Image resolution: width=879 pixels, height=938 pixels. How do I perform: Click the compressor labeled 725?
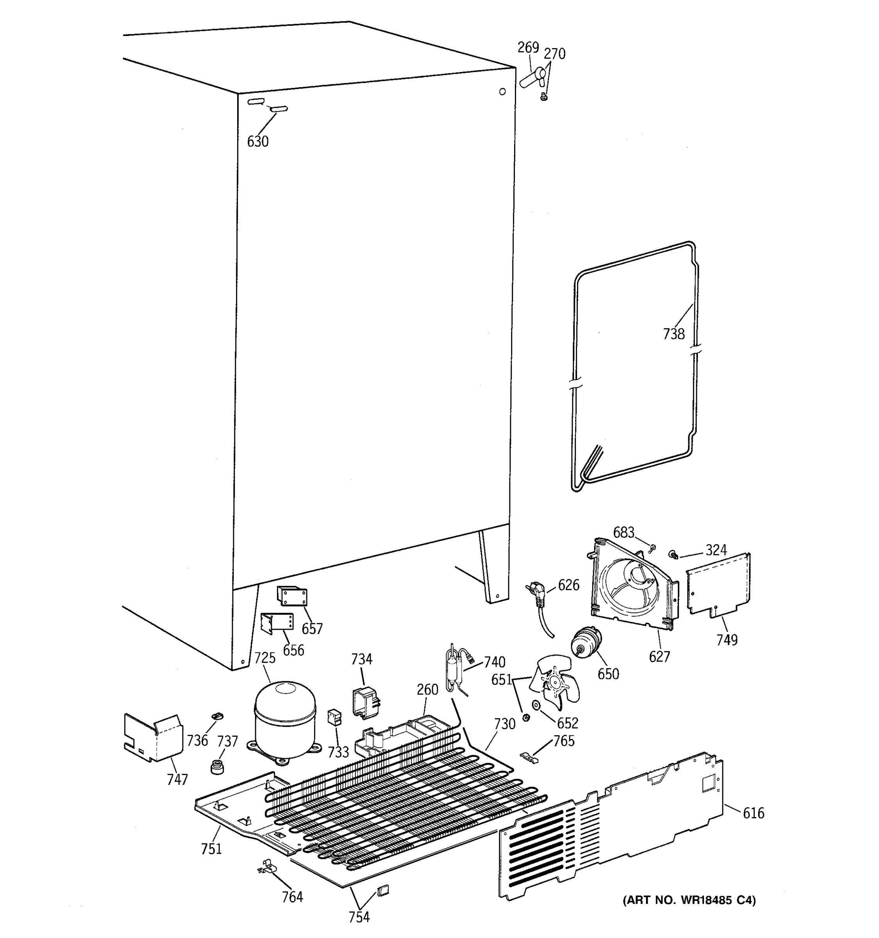(285, 720)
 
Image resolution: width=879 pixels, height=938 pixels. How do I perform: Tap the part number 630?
(258, 141)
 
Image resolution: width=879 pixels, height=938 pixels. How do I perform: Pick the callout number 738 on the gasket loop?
(674, 334)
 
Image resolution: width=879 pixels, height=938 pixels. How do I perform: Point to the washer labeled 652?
(536, 705)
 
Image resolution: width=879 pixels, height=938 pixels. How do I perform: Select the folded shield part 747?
(152, 737)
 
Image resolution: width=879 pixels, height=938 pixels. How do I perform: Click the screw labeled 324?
(673, 554)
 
